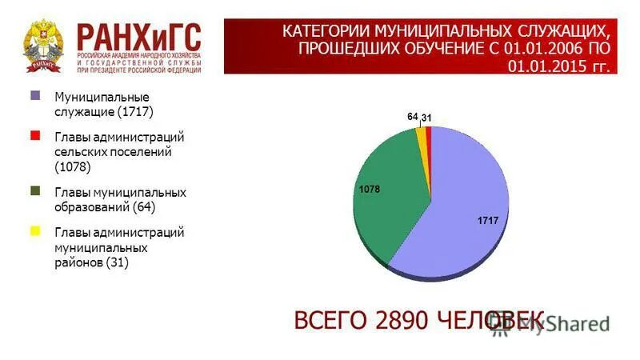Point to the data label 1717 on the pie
(488, 220)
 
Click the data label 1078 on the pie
(369, 190)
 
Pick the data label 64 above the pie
(413, 117)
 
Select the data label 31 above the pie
(427, 118)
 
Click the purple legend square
(35, 95)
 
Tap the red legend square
(35, 136)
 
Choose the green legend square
(35, 191)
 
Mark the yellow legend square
(35, 231)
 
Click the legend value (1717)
(134, 111)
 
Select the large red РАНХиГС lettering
(138, 35)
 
